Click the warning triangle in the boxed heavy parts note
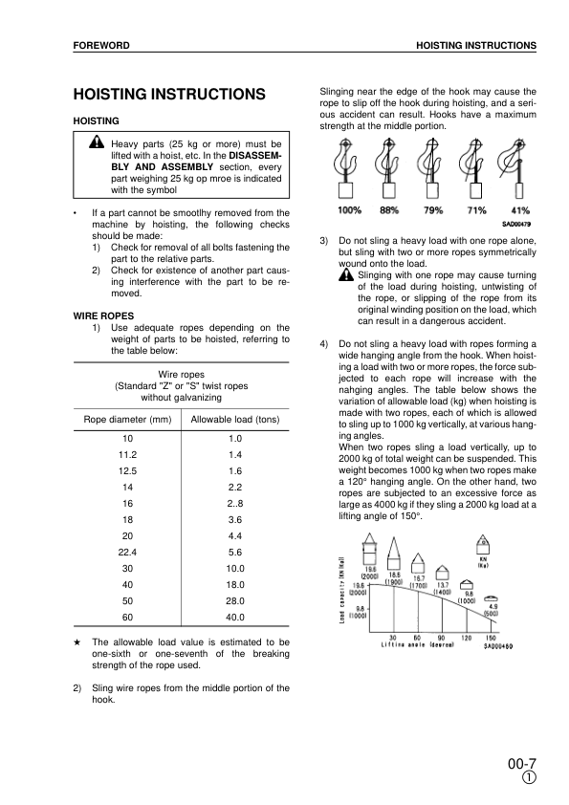coord(97,142)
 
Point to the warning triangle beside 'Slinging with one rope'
coord(345,275)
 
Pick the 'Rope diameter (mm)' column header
coord(126,420)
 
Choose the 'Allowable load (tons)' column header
coord(234,420)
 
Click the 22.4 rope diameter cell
coord(126,552)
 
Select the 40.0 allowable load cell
coord(234,618)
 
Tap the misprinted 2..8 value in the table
coord(234,502)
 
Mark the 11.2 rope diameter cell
coord(126,453)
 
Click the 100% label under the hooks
coord(350,210)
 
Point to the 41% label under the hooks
coord(520,210)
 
